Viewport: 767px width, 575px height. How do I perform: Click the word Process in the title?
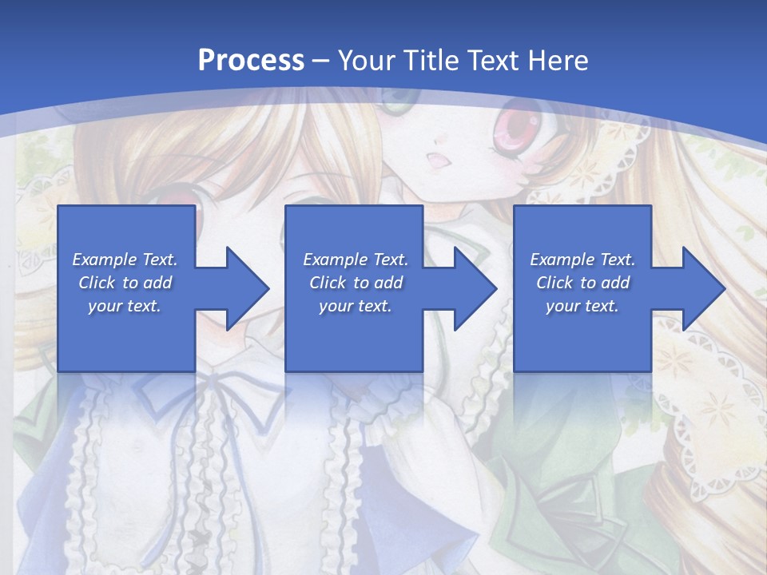click(x=251, y=60)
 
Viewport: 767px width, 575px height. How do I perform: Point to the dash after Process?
click(x=321, y=61)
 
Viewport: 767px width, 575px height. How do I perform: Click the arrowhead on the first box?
click(x=248, y=288)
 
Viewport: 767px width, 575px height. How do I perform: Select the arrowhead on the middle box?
click(x=475, y=288)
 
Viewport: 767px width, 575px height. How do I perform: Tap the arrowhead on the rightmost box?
click(x=704, y=288)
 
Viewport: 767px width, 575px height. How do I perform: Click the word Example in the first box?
click(x=105, y=260)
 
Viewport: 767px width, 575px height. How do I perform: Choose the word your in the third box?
click(x=563, y=306)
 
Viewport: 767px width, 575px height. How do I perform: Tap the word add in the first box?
click(x=158, y=283)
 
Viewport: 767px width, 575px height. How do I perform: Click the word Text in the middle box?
click(x=389, y=260)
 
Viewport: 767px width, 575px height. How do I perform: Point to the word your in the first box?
click(x=105, y=306)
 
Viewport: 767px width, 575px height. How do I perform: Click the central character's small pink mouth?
click(x=439, y=159)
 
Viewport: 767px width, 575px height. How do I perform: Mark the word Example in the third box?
click(x=562, y=260)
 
